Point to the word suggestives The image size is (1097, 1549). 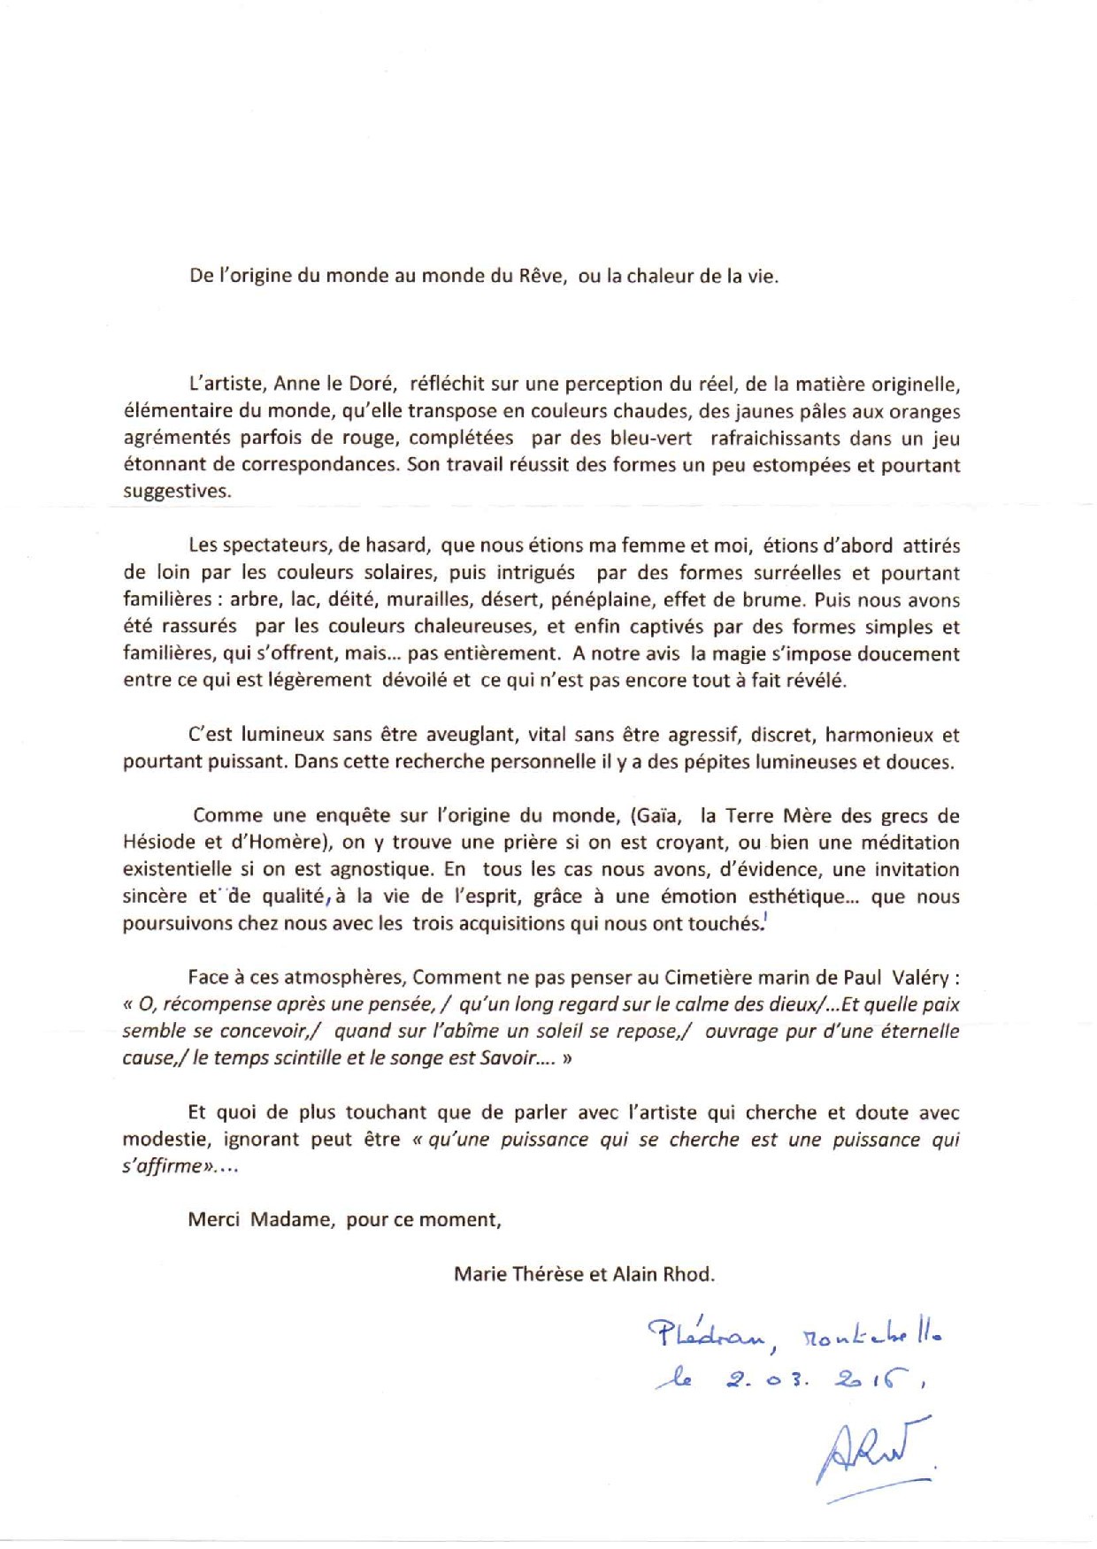pos(175,492)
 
